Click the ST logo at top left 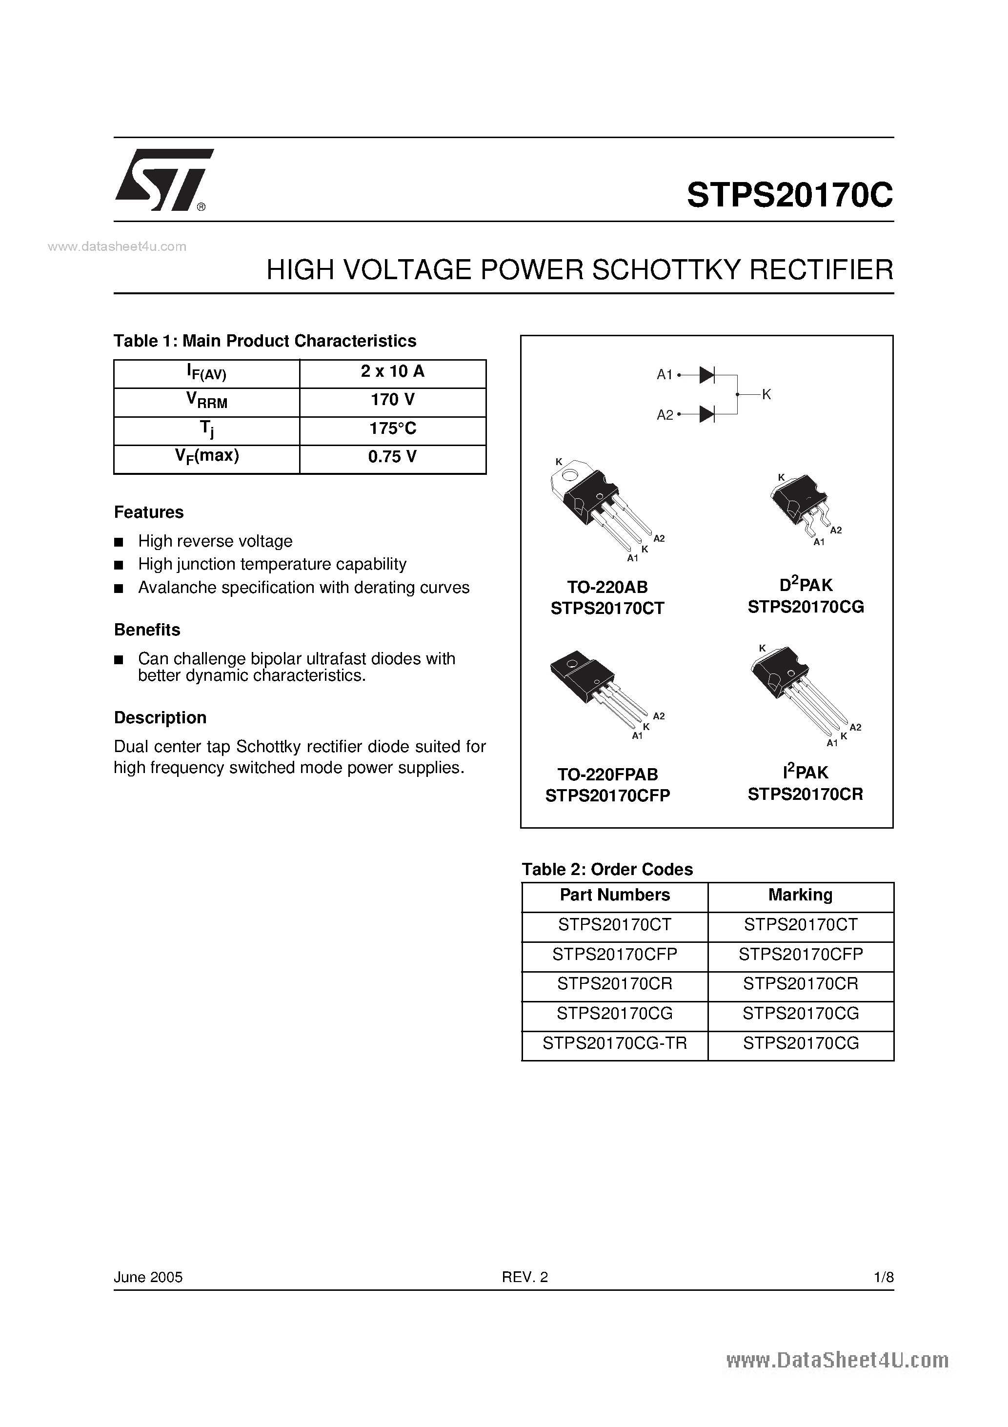163,180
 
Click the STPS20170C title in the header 789,195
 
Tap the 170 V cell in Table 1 393,400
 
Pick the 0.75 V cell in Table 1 393,457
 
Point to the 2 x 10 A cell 393,372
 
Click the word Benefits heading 147,630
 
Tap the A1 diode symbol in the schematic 706,375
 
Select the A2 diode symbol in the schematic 706,414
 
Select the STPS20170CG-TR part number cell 615,1043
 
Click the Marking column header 801,895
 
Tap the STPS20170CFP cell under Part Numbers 615,954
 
